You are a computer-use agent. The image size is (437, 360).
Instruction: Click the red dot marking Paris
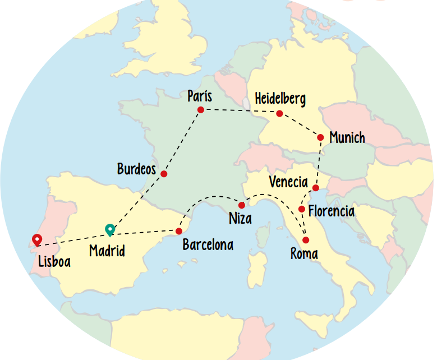point(200,110)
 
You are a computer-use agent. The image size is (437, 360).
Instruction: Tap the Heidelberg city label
point(280,99)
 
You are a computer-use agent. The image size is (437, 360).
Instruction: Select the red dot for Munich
point(320,137)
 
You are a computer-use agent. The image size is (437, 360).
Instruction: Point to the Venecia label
point(288,182)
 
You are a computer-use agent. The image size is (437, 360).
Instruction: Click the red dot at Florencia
point(302,209)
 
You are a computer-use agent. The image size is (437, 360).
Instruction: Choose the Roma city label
point(304,254)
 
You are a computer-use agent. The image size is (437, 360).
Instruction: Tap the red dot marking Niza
point(242,205)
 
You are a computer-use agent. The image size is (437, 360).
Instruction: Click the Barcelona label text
point(208,245)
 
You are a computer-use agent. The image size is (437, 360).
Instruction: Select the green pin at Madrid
point(110,229)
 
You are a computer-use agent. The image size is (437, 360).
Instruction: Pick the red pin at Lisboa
point(37,240)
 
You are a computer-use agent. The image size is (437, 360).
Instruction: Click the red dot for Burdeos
point(164,174)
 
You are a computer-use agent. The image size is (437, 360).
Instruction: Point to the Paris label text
point(200,96)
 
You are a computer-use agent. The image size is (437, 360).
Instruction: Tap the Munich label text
point(347,137)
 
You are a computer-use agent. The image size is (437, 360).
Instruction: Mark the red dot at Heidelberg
point(279,114)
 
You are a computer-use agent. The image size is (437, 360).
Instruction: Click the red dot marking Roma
point(306,240)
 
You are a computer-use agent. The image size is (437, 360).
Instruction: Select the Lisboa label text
point(54,261)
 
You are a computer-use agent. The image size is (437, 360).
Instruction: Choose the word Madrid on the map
point(107,251)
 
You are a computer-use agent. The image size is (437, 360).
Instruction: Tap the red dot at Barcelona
point(179,231)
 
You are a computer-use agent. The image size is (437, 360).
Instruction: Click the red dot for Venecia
point(316,187)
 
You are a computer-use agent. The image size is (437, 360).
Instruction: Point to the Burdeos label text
point(136,169)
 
